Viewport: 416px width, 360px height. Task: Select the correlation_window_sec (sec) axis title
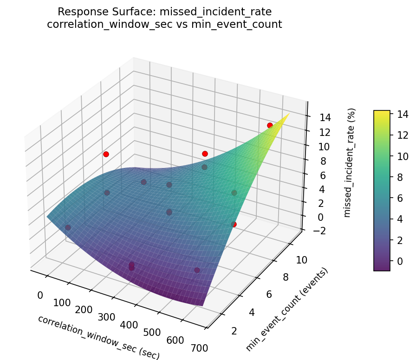click(x=98, y=337)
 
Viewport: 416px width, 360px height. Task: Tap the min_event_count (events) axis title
click(x=287, y=309)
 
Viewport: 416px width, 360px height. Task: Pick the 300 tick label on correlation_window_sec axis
click(x=107, y=317)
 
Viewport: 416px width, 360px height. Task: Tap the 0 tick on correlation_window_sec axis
click(x=40, y=295)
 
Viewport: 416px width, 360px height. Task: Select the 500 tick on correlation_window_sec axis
click(x=152, y=332)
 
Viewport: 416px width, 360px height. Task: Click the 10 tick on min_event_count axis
click(x=301, y=260)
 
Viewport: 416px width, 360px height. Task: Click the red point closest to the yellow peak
click(x=270, y=125)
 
